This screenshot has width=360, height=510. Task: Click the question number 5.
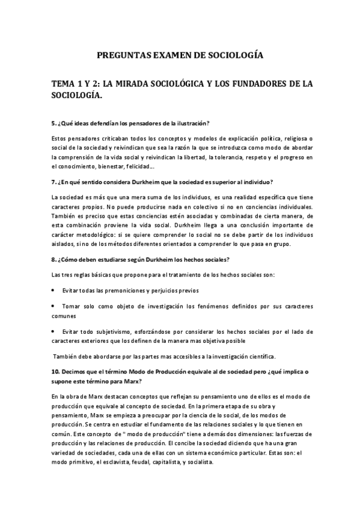[53, 123]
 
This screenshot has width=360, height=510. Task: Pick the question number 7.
[53, 182]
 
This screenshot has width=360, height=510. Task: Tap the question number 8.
[53, 259]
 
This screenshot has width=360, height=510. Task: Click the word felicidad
[139, 167]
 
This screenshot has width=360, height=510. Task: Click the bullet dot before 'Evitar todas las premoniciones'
[54, 290]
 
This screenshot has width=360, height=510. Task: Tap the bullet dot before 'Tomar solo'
[54, 306]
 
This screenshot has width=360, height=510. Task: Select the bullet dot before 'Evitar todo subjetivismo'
[54, 331]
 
